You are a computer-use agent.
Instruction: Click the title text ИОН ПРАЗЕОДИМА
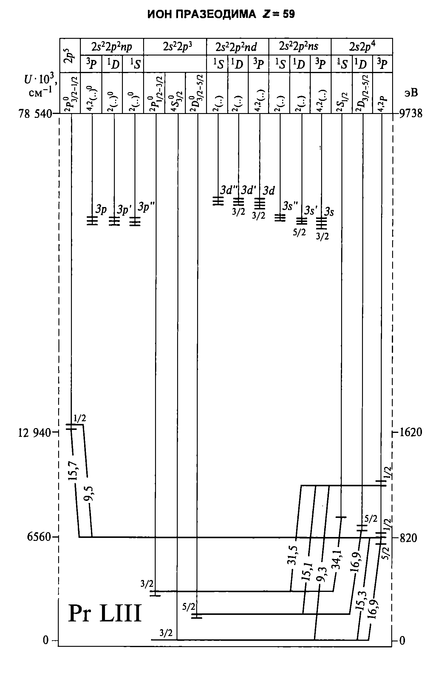(x=202, y=14)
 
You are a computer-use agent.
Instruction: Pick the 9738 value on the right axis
(x=411, y=114)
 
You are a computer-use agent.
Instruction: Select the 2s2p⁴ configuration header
(x=362, y=47)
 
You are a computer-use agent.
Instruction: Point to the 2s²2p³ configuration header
(x=175, y=47)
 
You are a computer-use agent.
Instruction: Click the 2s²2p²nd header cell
(x=237, y=47)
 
